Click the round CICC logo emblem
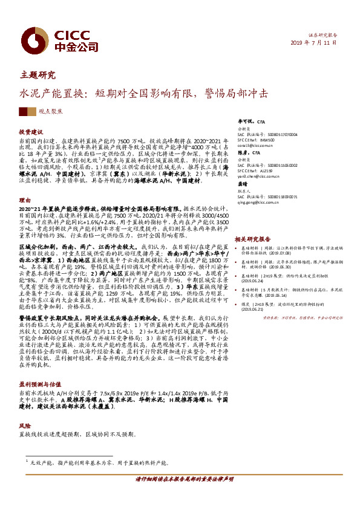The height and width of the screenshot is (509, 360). [30, 37]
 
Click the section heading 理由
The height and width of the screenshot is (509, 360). [24, 199]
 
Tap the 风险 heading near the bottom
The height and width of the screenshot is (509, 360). [24, 425]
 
